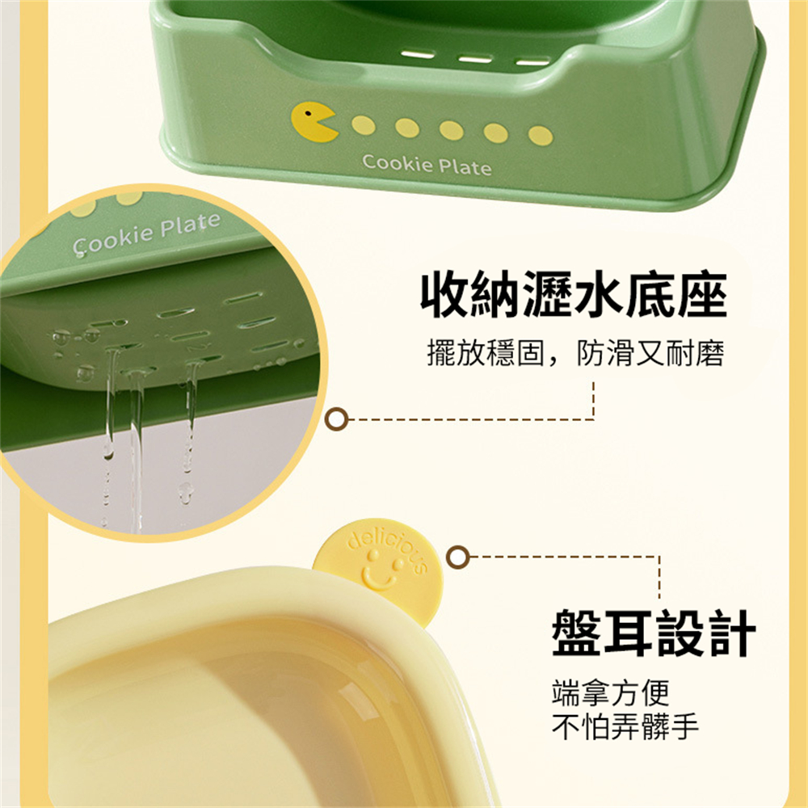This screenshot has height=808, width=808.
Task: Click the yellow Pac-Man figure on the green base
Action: coord(313,122)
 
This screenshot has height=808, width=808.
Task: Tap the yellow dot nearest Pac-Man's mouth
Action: coord(364,125)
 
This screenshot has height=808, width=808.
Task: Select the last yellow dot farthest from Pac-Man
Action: coord(540,136)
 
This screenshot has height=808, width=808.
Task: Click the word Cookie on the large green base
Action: coord(398,163)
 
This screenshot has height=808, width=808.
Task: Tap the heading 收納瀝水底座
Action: coord(574,295)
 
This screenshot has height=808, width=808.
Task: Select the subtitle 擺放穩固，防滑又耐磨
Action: coord(575,353)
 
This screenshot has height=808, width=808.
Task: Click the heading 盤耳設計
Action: coord(654,633)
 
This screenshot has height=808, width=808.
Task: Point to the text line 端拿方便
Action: coord(610,692)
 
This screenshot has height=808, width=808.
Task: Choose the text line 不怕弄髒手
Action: coord(625,726)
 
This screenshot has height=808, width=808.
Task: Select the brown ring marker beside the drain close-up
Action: coord(336,419)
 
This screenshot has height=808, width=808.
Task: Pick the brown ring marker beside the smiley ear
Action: coord(457,557)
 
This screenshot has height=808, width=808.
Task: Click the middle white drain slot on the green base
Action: coord(475,59)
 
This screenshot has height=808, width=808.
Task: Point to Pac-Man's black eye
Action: coord(308,112)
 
